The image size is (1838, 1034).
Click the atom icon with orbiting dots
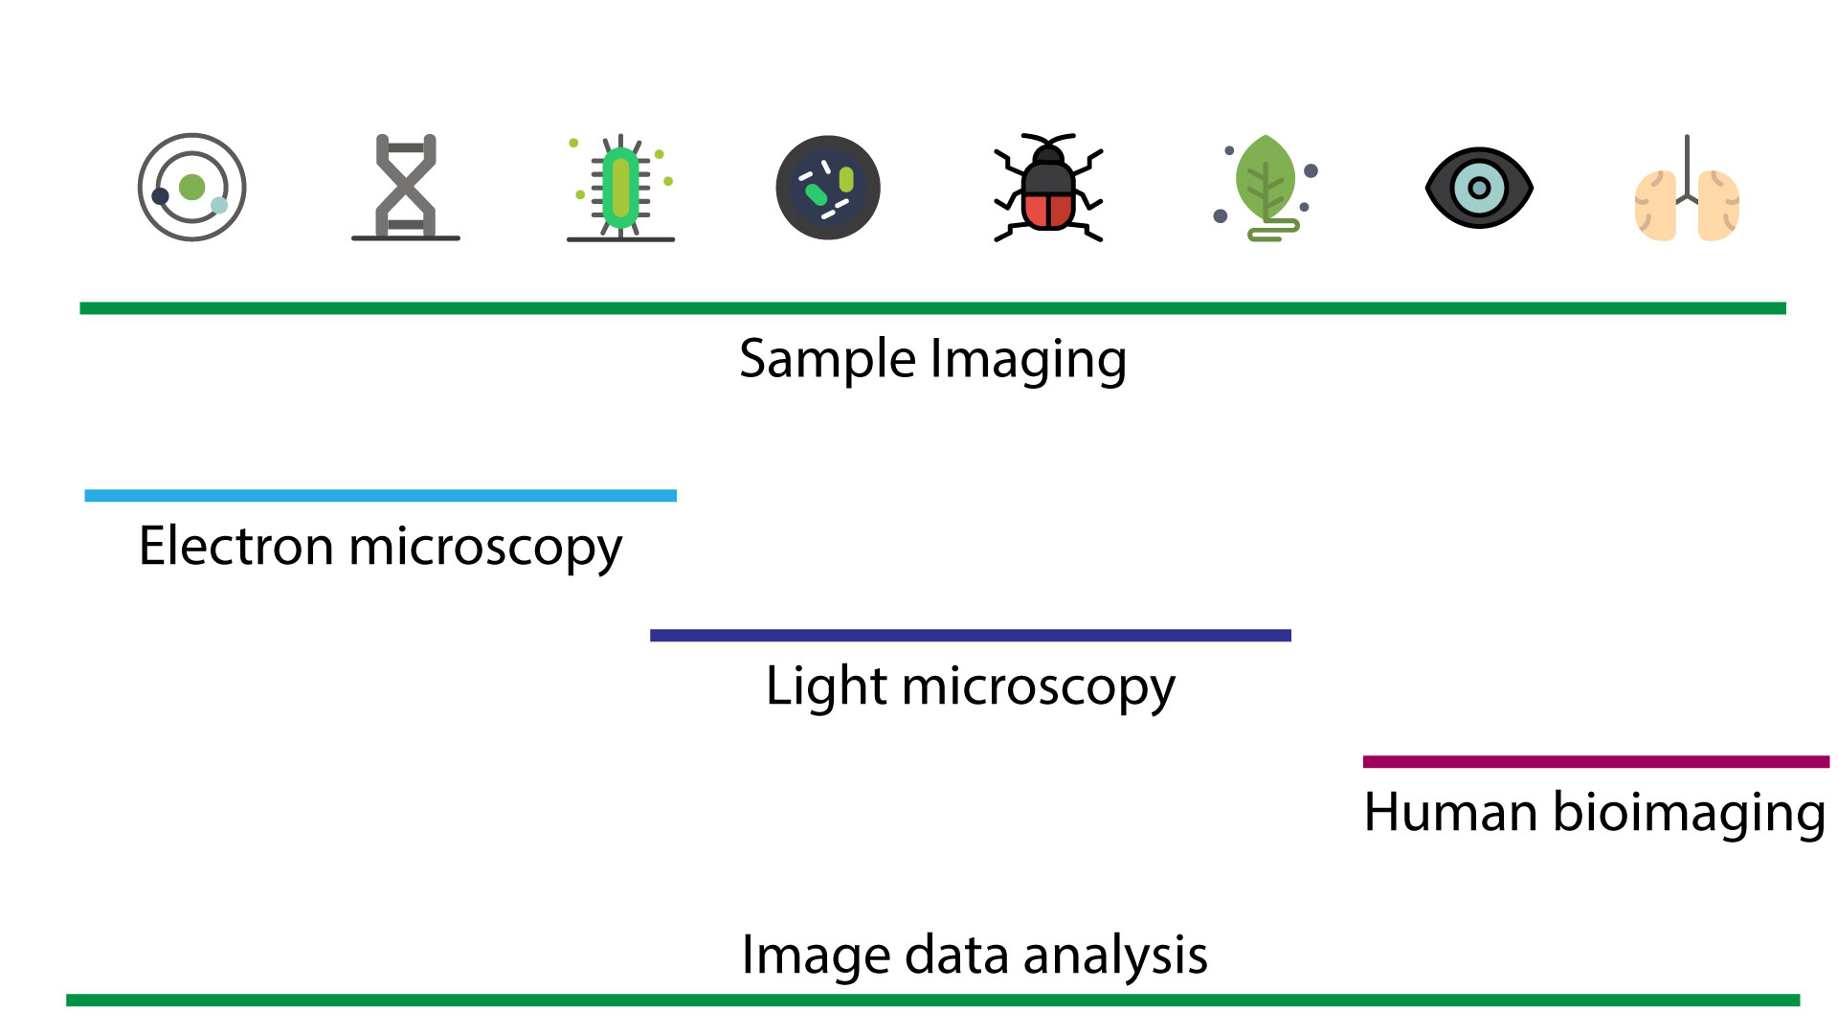[x=191, y=188]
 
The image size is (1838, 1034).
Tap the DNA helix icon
[x=406, y=188]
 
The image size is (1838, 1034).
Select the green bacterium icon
[x=620, y=188]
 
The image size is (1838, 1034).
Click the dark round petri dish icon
[x=828, y=188]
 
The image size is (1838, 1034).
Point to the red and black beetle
[x=1048, y=191]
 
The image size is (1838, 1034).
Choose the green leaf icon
[x=1265, y=182]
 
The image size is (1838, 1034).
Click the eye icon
[x=1479, y=188]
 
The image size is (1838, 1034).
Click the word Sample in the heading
[x=827, y=360]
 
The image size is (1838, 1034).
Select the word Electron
[x=235, y=547]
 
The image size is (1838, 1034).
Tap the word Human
[x=1449, y=813]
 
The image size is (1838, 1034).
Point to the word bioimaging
[x=1689, y=813]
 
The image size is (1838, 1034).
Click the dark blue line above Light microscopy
[x=970, y=636]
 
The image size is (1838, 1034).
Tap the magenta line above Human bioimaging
[x=1596, y=762]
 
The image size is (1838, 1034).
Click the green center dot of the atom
[x=191, y=188]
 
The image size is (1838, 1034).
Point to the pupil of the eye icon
[x=1479, y=188]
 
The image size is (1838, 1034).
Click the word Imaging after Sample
[x=1028, y=360]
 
